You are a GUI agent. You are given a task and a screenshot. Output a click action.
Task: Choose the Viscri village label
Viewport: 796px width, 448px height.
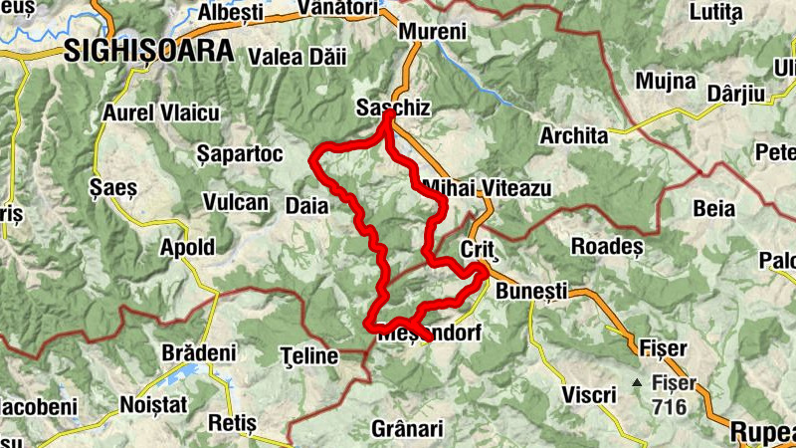tap(588, 395)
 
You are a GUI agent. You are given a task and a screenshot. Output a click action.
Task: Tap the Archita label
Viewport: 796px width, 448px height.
tap(573, 135)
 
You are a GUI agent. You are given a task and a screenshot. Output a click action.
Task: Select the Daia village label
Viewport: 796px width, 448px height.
tap(305, 204)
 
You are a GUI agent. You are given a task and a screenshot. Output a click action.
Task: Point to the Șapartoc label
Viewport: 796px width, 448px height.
tap(241, 154)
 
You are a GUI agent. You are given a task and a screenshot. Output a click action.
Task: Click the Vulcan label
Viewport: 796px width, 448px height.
tap(236, 203)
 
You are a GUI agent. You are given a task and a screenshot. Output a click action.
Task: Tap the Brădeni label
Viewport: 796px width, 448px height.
tap(199, 352)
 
